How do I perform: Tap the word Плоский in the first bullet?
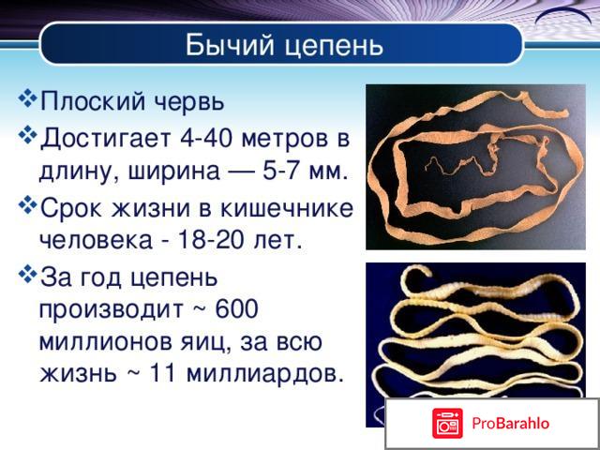point(89,101)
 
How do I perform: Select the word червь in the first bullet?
point(190,101)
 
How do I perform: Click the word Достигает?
point(103,140)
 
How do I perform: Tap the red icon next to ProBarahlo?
point(448,424)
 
